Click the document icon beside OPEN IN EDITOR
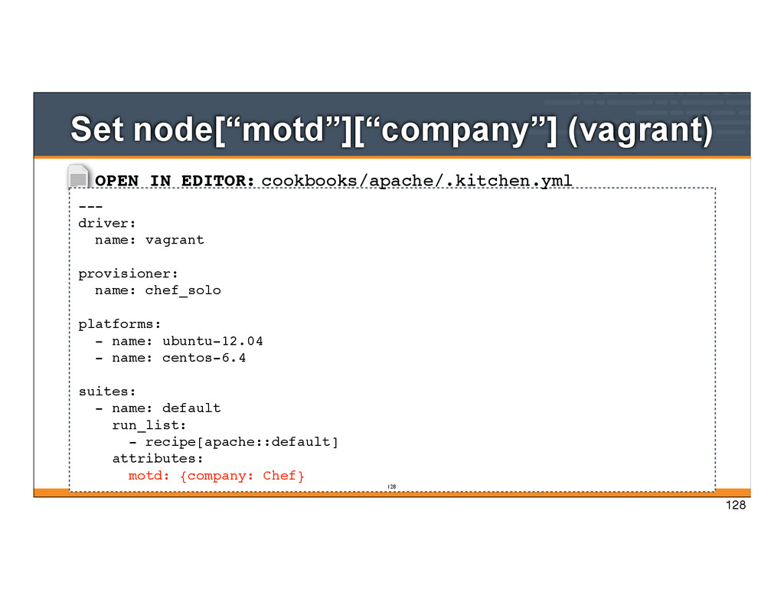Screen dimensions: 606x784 (x=79, y=178)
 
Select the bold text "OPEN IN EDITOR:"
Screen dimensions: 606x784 (x=175, y=181)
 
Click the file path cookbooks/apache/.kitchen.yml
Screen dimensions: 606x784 (x=416, y=181)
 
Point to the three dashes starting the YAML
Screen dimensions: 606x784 (x=90, y=206)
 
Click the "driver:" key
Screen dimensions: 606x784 (x=107, y=223)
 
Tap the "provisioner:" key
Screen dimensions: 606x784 (x=128, y=274)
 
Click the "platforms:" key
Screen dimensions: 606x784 (x=119, y=324)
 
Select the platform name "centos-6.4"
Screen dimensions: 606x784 (x=204, y=358)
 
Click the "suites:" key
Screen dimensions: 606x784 (x=107, y=391)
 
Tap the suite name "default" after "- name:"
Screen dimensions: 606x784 (x=191, y=408)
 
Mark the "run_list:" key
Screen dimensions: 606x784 (x=149, y=425)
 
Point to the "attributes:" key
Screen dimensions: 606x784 (x=158, y=459)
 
